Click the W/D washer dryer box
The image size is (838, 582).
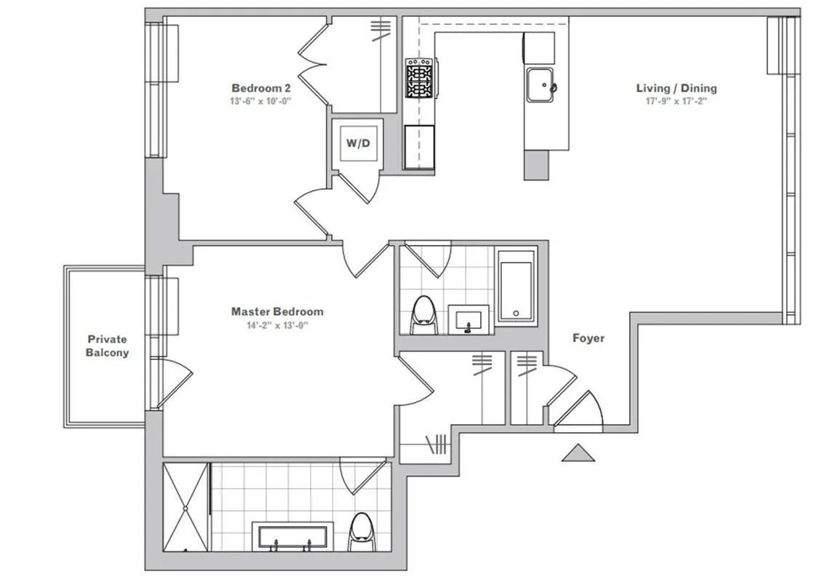357,143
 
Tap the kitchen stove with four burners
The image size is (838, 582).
418,79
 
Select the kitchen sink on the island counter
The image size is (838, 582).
540,85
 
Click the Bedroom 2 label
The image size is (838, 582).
261,88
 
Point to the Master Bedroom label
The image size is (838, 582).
277,311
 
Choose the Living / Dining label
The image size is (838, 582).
677,88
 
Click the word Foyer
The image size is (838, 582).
588,338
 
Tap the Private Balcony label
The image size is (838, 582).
107,346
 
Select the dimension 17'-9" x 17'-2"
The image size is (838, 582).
677,102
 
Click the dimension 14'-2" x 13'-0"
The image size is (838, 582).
277,325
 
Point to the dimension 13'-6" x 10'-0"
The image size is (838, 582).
261,101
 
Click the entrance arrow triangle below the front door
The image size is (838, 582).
578,453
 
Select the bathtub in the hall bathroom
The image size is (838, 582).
516,286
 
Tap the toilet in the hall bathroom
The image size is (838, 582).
423,315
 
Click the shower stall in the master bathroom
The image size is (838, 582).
185,507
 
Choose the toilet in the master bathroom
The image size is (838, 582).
361,532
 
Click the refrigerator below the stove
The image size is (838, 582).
420,146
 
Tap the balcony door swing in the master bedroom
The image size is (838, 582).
173,380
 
